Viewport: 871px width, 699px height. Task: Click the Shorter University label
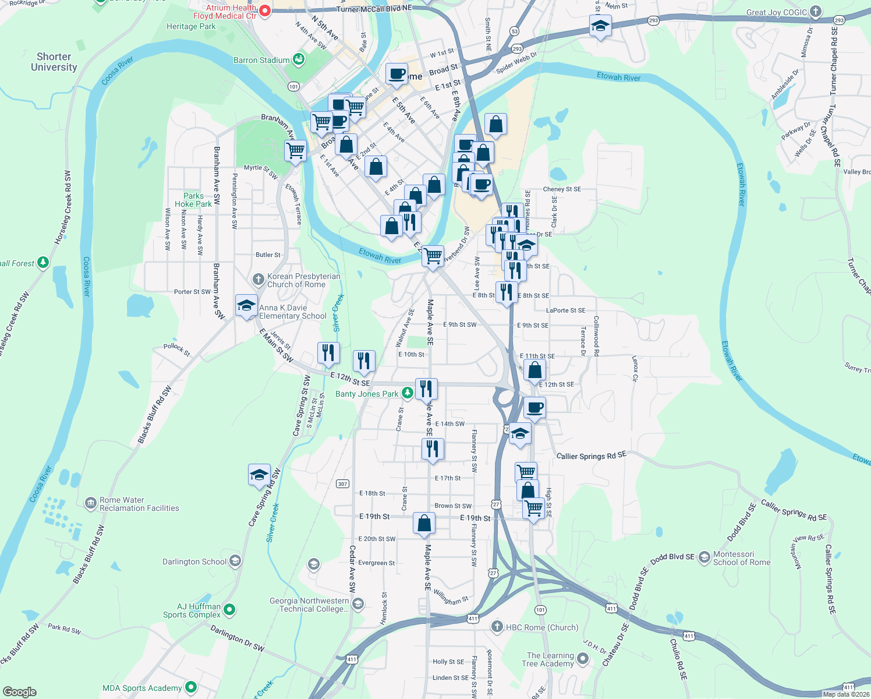coord(54,62)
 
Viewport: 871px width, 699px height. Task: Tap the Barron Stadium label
coord(261,60)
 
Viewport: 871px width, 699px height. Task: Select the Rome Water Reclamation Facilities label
coord(139,504)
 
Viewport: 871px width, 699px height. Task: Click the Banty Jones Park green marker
coord(408,394)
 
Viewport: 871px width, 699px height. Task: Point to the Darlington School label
coord(194,562)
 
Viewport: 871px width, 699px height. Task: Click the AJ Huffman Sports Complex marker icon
coord(229,610)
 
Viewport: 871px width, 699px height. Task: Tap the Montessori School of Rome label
coord(741,558)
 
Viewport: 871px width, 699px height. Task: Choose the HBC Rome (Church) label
coord(541,627)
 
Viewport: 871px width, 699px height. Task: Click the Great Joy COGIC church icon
coord(816,12)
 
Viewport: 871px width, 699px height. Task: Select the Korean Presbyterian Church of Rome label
coord(303,280)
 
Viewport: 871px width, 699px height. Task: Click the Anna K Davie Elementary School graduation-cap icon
coord(246,305)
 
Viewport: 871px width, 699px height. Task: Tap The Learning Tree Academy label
coord(550,659)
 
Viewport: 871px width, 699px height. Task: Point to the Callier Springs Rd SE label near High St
coord(591,456)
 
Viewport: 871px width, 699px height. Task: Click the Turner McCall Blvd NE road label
coord(374,9)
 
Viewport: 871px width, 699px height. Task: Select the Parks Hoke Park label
coord(193,200)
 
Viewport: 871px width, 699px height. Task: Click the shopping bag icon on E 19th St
coord(424,523)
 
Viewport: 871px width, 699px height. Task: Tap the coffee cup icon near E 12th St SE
coord(534,407)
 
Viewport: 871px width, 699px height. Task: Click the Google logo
coord(19,692)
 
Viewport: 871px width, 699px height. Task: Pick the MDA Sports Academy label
coord(142,688)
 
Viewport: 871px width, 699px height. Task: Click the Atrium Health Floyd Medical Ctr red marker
coord(265,10)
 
